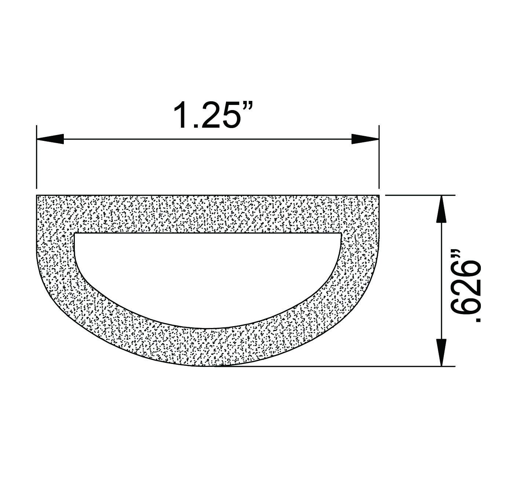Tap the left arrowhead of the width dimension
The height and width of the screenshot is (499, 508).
pyautogui.click(x=50, y=139)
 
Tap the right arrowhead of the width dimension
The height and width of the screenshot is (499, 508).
pyautogui.click(x=365, y=139)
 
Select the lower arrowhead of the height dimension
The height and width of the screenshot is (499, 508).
pyautogui.click(x=442, y=352)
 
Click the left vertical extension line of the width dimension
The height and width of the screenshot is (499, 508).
pyautogui.click(x=37, y=157)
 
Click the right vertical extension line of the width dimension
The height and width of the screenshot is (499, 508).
pyautogui.click(x=379, y=157)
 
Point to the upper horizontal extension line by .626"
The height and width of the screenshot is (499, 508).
pyautogui.click(x=420, y=195)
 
